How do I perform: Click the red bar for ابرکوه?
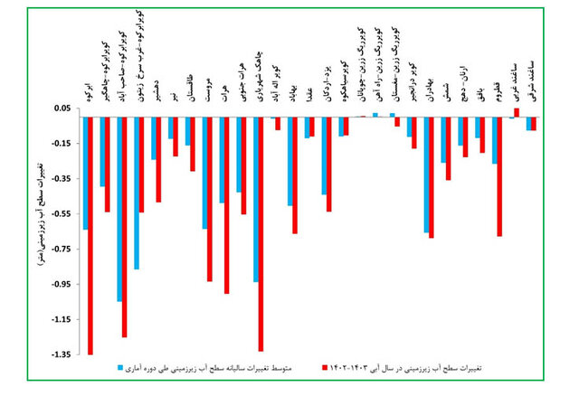[x=90, y=235]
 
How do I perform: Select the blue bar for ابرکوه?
[x=84, y=173]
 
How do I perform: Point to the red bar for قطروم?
[x=499, y=177]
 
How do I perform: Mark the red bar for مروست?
[x=209, y=199]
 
